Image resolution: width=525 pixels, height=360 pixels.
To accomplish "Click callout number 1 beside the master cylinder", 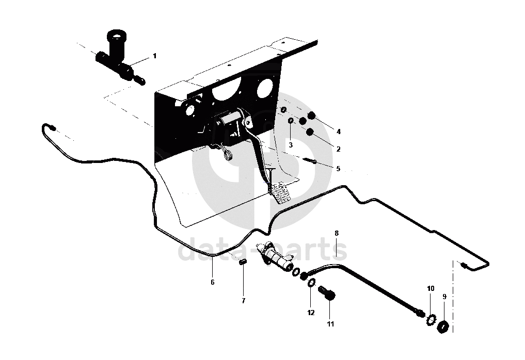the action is point(154,55).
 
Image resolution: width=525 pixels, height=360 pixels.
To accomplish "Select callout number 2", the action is point(338,149).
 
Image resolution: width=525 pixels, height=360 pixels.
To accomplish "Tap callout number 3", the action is point(291,145).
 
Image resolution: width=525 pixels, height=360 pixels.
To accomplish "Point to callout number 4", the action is point(338,130).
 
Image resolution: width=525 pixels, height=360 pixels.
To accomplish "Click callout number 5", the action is point(338,168).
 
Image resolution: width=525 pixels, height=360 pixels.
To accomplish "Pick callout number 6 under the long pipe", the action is point(212,282).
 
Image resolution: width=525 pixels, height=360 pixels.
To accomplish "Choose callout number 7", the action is point(243,300).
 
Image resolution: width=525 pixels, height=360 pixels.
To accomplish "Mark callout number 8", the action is point(336,233).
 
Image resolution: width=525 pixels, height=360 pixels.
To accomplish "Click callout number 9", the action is point(444,297).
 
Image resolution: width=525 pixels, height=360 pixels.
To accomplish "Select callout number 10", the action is point(431,288).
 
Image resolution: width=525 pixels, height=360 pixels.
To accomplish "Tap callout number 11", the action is point(330,324).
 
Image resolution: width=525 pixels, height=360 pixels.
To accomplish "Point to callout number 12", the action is point(311,313).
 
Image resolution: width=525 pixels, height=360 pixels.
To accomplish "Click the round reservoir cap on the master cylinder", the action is point(117,37).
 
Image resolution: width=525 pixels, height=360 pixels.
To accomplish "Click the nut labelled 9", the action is point(442,326).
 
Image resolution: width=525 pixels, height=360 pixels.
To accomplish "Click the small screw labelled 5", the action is point(311,160).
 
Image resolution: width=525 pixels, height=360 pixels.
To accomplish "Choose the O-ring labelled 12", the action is point(311,283).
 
